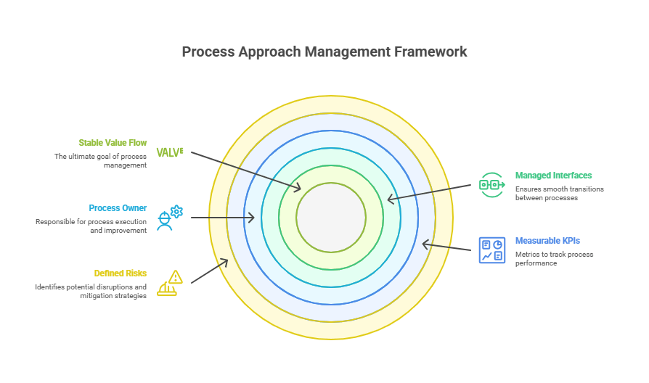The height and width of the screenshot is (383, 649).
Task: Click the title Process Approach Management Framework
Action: click(324, 52)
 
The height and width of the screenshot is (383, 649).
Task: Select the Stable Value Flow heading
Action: click(113, 143)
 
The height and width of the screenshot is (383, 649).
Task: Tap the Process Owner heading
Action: click(118, 208)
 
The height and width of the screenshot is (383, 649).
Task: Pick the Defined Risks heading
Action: click(121, 273)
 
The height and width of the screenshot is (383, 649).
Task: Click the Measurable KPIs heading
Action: click(547, 240)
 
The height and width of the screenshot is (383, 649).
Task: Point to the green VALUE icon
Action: click(170, 152)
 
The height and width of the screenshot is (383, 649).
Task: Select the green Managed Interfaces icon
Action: click(491, 185)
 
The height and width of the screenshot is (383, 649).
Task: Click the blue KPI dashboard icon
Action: click(491, 250)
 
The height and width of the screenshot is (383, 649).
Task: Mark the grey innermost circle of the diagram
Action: click(331, 218)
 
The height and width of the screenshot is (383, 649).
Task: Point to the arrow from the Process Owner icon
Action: click(221, 218)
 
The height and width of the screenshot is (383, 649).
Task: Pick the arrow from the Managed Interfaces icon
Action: click(428, 192)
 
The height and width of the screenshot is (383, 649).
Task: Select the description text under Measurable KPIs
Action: click(555, 258)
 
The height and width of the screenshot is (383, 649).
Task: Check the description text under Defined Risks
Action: click(91, 292)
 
